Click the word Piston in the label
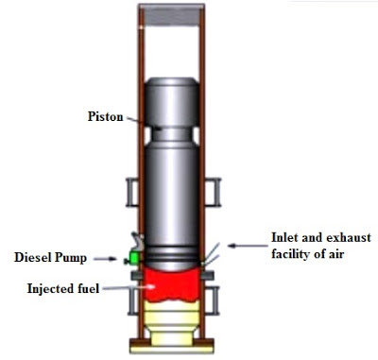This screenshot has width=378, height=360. pyautogui.click(x=105, y=117)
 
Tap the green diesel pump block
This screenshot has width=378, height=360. pyautogui.click(x=135, y=258)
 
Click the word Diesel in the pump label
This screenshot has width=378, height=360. pyautogui.click(x=32, y=257)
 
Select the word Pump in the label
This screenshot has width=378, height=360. pyautogui.click(x=70, y=258)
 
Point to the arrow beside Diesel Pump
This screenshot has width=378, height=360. pyautogui.click(x=106, y=259)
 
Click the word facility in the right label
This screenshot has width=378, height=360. pyautogui.click(x=292, y=254)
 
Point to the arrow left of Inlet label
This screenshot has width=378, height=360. pyautogui.click(x=248, y=246)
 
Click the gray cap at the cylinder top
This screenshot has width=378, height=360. pyautogui.click(x=172, y=15)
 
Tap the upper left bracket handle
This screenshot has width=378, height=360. pyautogui.click(x=131, y=192)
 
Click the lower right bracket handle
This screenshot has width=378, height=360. pyautogui.click(x=213, y=300)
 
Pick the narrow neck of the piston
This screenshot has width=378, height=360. pyautogui.click(x=172, y=134)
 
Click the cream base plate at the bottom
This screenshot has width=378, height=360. pyautogui.click(x=172, y=350)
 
